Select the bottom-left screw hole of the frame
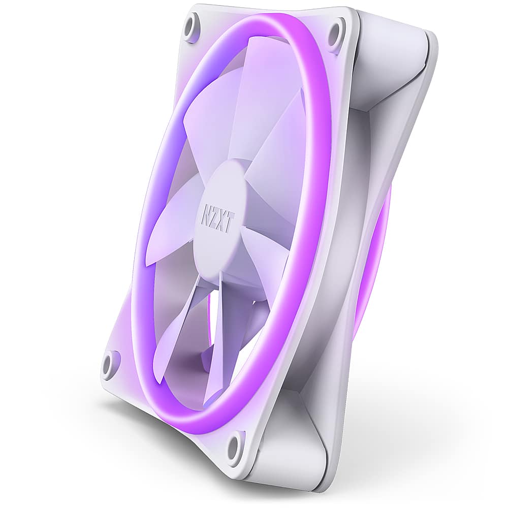(109, 363)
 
